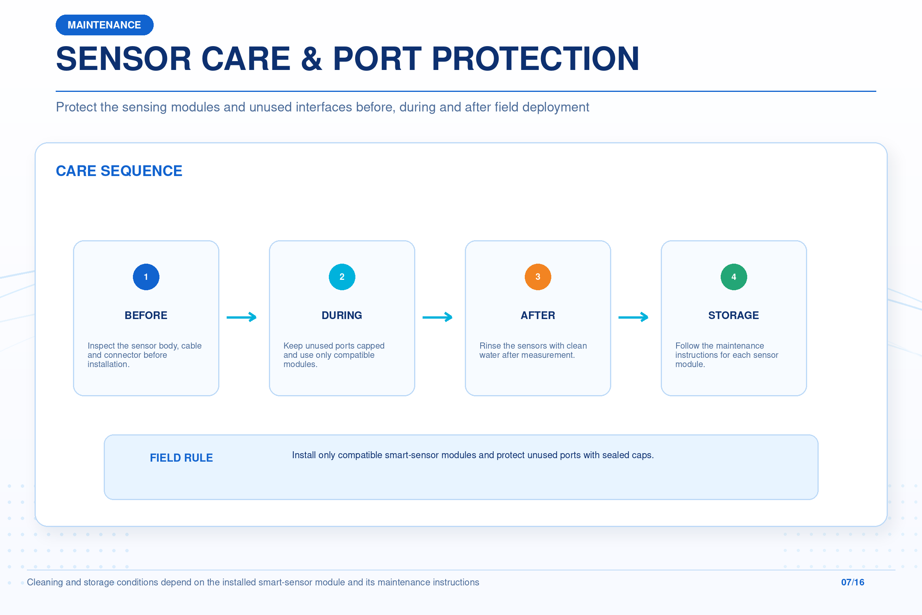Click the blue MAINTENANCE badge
point(104,25)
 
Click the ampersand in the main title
point(312,59)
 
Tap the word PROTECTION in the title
point(535,59)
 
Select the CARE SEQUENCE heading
point(119,171)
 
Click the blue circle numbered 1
point(146,277)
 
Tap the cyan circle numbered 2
point(342,277)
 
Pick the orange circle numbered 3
point(538,277)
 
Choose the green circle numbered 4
point(734,277)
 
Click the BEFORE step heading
point(146,315)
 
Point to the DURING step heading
point(342,315)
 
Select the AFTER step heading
point(538,315)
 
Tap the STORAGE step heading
point(733,315)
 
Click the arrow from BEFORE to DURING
point(242,317)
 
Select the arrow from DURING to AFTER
point(438,317)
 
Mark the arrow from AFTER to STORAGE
point(633,317)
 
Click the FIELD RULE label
point(181,458)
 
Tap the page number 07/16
point(852,582)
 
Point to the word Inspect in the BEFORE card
point(99,346)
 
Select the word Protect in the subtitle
point(76,107)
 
